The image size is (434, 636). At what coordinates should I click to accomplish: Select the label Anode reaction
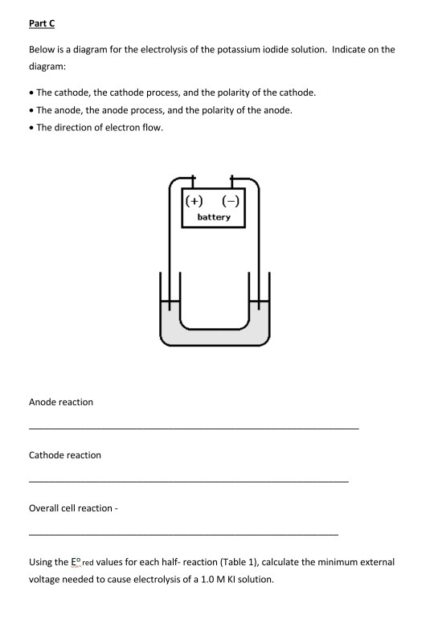(x=61, y=402)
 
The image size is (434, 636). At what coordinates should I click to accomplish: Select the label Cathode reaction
(x=65, y=455)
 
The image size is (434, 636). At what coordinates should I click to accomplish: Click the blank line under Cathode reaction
(x=189, y=481)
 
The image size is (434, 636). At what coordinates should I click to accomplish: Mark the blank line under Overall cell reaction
(x=183, y=534)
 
